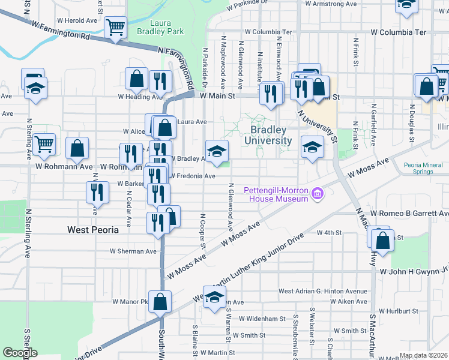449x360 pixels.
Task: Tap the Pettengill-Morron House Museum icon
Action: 318,193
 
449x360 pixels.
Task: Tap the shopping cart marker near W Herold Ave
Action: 115,26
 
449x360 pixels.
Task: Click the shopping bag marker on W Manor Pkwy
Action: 160,301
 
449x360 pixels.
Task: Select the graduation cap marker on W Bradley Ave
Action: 217,150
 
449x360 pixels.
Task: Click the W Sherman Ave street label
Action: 133,251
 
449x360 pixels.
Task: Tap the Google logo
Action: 20,353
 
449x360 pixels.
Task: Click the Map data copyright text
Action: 423,355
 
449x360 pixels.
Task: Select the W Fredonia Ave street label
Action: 193,176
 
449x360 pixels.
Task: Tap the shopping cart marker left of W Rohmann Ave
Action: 44,144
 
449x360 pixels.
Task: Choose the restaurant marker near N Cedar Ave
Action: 97,192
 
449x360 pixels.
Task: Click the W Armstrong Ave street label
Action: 329,4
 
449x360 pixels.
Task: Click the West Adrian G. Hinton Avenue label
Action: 322,292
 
